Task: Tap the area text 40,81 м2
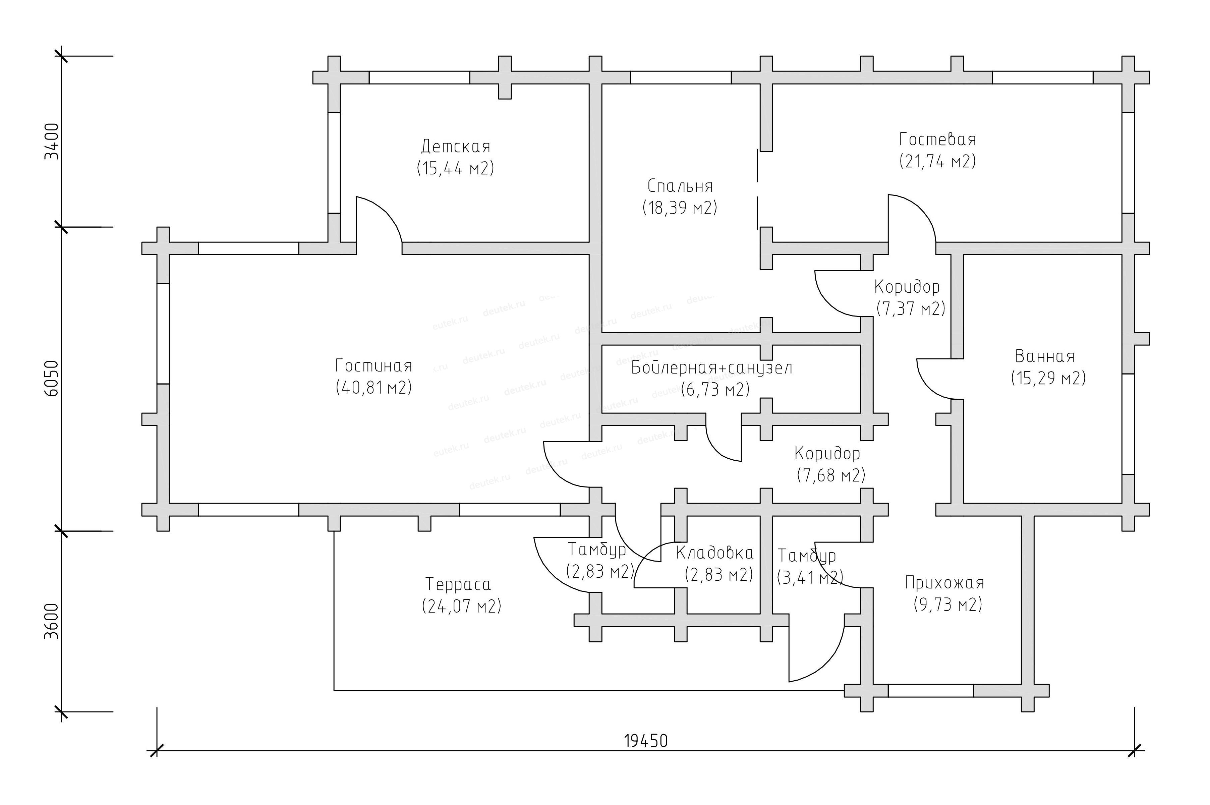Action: [x=374, y=388]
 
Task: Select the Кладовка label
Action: [x=714, y=553]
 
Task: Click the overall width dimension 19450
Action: [x=646, y=741]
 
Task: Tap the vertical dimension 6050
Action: [x=52, y=379]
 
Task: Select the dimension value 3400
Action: [x=52, y=141]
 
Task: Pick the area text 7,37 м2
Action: [x=911, y=308]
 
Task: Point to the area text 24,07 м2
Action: [x=461, y=606]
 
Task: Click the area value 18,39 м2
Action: [x=680, y=208]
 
